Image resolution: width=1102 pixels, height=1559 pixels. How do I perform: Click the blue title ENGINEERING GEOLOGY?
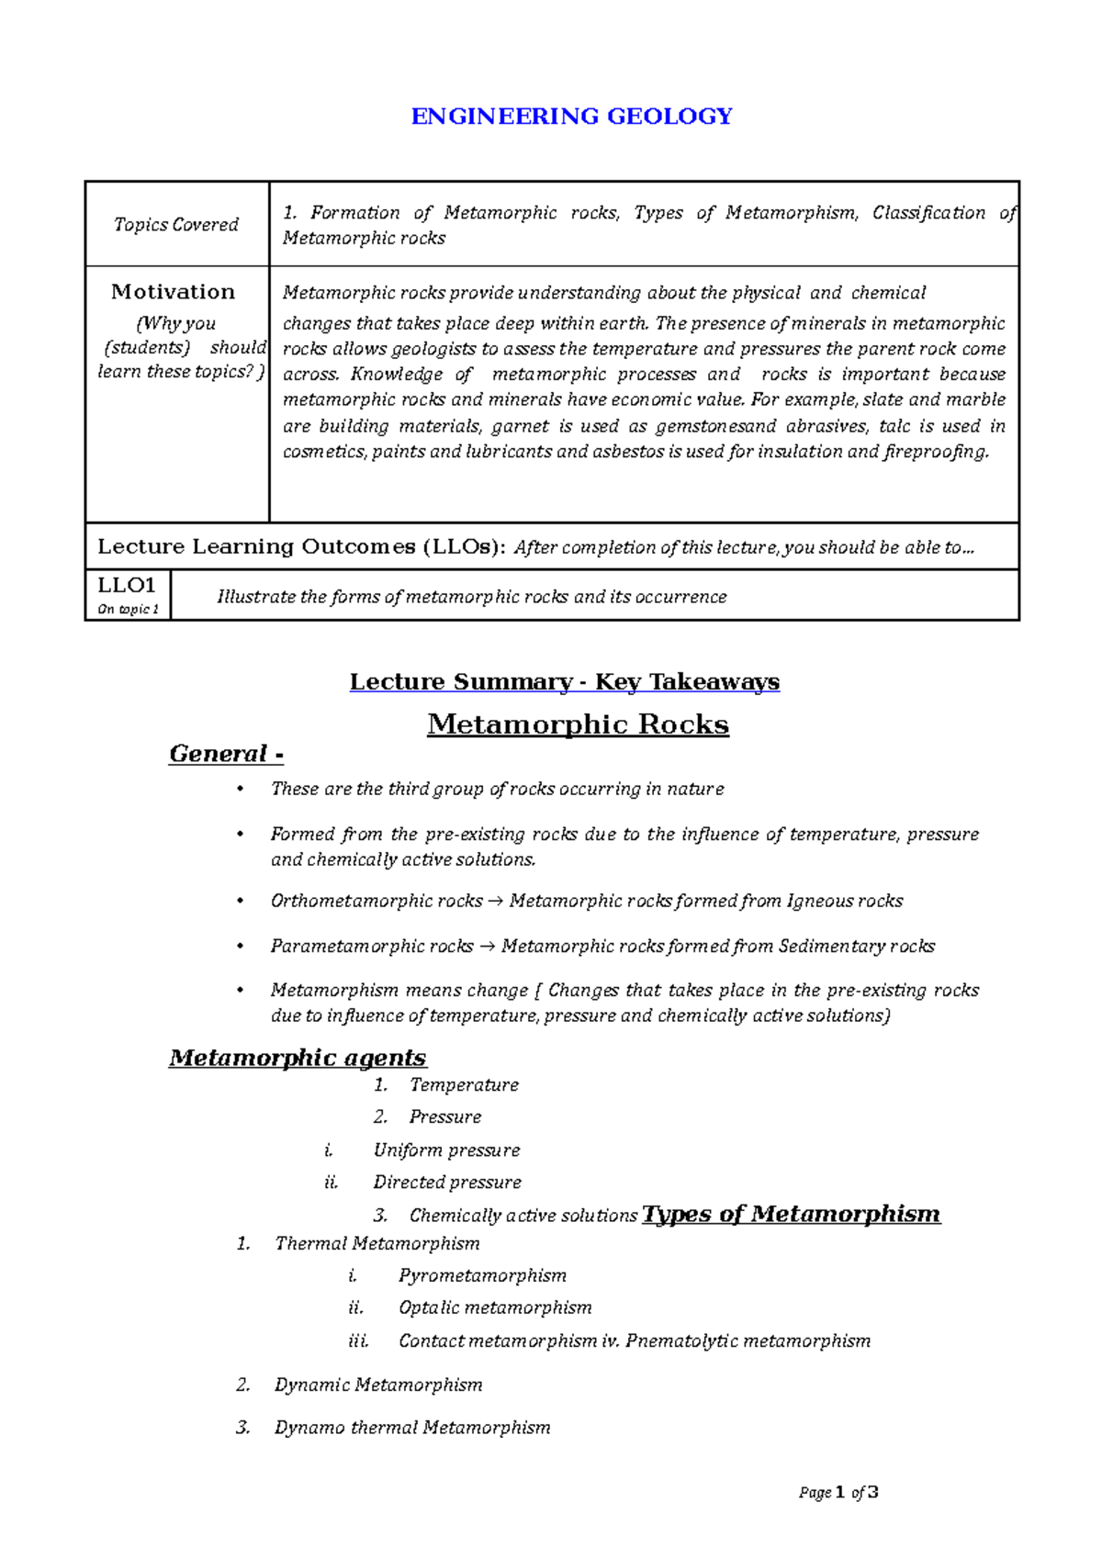[571, 117]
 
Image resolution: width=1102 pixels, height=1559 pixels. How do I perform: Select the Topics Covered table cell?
[175, 225]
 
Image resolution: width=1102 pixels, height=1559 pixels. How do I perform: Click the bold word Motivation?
[173, 292]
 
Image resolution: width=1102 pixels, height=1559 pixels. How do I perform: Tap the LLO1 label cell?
[127, 594]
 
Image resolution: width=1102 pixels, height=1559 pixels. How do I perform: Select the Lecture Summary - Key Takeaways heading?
[564, 682]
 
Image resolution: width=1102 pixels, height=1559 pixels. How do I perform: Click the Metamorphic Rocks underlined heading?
[578, 724]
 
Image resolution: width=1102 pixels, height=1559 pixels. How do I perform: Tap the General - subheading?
[226, 754]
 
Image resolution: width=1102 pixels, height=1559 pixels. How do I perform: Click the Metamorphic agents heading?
[298, 1058]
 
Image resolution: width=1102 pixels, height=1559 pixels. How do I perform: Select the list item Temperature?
[464, 1085]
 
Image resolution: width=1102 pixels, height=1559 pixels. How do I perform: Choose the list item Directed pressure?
[447, 1183]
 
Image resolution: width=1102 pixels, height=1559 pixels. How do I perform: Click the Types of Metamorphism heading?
[791, 1214]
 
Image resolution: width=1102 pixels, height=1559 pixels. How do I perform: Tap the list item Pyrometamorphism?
[482, 1275]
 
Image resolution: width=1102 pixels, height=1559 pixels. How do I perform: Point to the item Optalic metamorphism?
[495, 1307]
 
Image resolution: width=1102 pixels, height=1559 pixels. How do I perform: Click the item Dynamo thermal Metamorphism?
[412, 1428]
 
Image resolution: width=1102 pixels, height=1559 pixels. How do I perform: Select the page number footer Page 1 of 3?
[838, 1493]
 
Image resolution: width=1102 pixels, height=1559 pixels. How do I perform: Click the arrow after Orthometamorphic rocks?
[496, 902]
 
